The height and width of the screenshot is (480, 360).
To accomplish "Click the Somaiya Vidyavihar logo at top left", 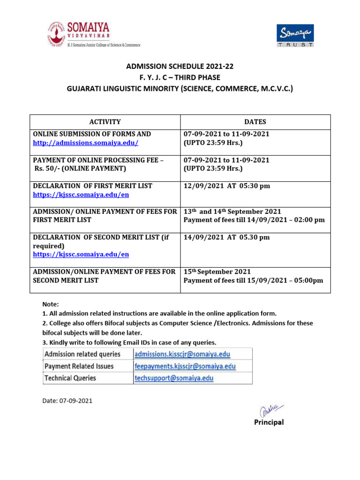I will point(93,35).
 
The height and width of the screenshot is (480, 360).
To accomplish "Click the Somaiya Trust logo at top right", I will point(294,35).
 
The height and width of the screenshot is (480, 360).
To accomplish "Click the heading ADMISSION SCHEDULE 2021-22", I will point(180,67).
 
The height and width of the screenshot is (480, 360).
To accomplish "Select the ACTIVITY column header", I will point(105,121).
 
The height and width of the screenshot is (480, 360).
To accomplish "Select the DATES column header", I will point(255,121).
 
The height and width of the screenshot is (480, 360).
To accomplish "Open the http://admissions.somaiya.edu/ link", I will point(85,142).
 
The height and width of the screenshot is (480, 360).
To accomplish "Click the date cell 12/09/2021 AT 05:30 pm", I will point(227,186).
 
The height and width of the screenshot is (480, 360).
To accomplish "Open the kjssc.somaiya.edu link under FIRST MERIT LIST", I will point(81,194).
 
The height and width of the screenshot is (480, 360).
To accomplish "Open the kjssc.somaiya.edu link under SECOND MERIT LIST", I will point(81,254).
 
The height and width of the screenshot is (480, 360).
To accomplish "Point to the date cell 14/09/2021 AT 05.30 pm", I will point(226,237).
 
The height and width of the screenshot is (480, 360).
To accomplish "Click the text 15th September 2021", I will point(217,271).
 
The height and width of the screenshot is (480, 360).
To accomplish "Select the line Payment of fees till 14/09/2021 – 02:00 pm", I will point(254,220).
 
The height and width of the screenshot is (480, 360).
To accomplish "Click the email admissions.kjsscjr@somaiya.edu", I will point(182,354).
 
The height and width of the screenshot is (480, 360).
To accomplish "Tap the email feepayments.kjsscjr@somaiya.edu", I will point(185,366).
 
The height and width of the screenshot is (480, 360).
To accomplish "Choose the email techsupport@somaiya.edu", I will point(173,378).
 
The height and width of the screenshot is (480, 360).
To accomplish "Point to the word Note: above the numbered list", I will point(51,304).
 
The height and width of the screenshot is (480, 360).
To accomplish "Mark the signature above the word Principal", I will point(267,409).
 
